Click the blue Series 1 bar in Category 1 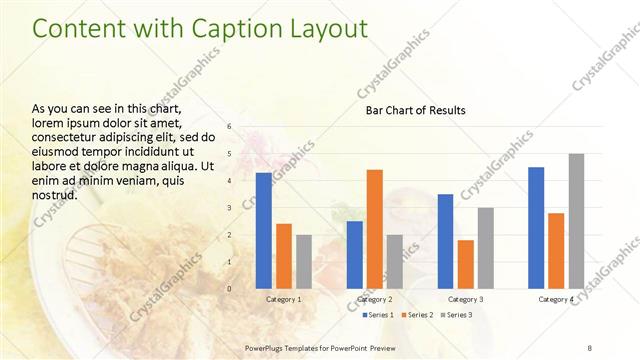pos(263,230)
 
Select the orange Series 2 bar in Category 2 pos(374,228)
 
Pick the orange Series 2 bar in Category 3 pos(465,263)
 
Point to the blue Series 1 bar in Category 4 pos(536,227)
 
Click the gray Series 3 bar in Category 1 pos(304,261)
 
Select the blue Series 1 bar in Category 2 pos(354,254)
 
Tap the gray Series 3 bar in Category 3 pos(485,247)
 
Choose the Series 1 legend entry pos(377,315)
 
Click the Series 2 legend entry pos(418,315)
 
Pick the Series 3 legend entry pos(458,315)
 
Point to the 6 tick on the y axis pos(229,127)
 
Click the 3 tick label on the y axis pos(229,208)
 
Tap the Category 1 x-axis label pos(283,299)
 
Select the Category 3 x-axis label pos(465,299)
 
